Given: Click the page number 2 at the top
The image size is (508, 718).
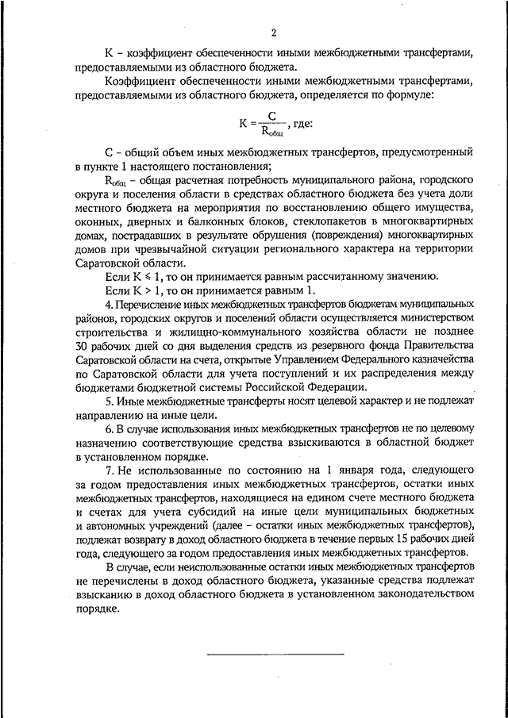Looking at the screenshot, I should tap(272, 33).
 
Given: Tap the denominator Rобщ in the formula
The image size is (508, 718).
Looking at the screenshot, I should tap(274, 132).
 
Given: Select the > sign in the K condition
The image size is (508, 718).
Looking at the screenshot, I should tap(140, 291).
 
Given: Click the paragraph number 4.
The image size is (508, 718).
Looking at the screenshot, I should tap(108, 305).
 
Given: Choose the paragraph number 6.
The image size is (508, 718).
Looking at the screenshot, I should tap(108, 429).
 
